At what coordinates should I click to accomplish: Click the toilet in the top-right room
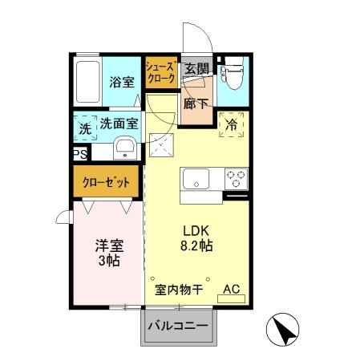[x=233, y=79]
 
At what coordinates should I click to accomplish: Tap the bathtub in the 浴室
[x=87, y=81]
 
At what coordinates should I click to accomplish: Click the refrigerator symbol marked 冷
[x=231, y=125]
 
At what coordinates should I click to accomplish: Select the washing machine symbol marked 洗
[x=84, y=128]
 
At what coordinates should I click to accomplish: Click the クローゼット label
[x=107, y=182]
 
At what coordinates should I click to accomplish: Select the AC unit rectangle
[x=232, y=298]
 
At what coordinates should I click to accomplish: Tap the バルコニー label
[x=179, y=327]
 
